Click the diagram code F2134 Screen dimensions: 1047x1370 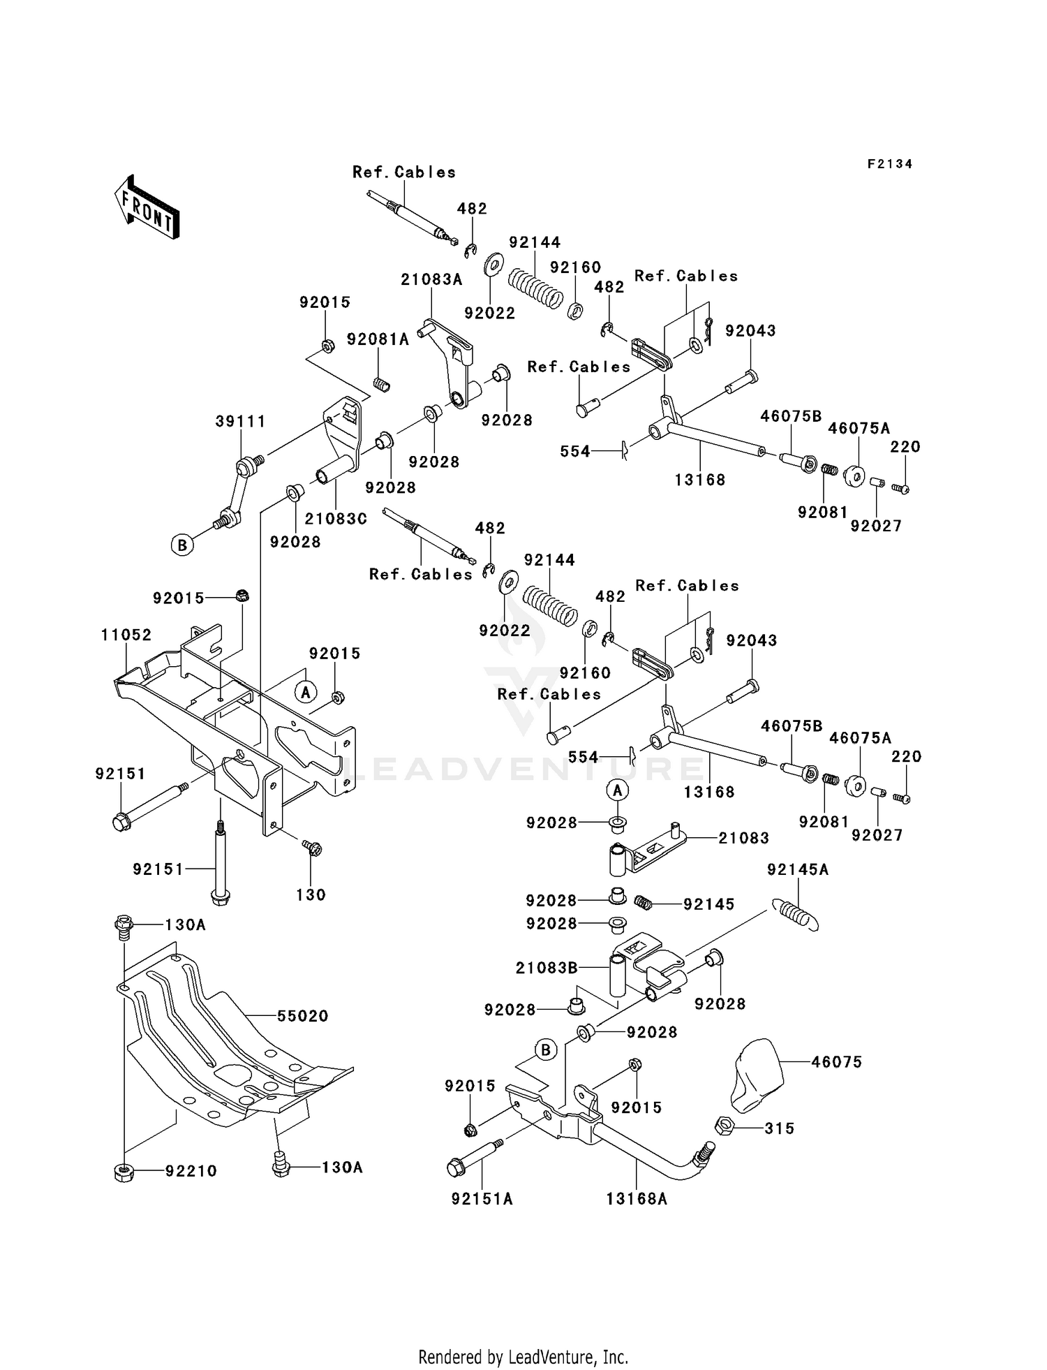(x=890, y=164)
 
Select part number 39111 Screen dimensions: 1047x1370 (x=240, y=421)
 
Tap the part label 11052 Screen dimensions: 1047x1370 (x=126, y=635)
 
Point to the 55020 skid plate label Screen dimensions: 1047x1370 (x=303, y=1016)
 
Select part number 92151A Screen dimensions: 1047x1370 (x=482, y=1199)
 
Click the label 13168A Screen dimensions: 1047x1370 (x=637, y=1199)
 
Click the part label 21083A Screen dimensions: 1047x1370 (x=432, y=280)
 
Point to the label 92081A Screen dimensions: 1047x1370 (x=378, y=339)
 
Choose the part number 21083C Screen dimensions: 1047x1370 (x=336, y=519)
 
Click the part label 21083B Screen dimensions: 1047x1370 (x=547, y=968)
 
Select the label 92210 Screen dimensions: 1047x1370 (x=191, y=1171)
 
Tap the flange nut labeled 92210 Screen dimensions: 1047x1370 (x=123, y=1171)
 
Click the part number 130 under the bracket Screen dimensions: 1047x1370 (x=311, y=894)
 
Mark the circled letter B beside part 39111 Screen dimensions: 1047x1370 (x=182, y=545)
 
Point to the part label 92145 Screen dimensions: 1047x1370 (x=709, y=904)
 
